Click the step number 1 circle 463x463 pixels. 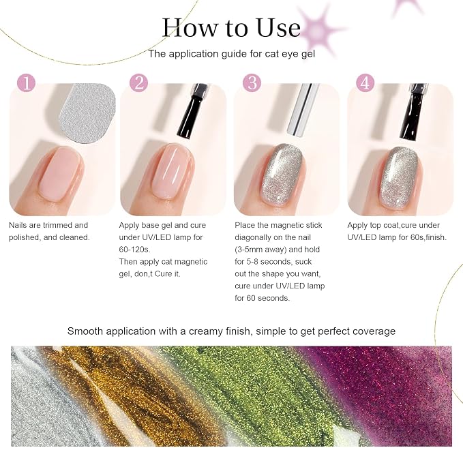point(27,83)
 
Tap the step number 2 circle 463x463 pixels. point(139,83)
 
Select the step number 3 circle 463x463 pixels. point(252,83)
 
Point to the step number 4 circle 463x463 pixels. point(365,83)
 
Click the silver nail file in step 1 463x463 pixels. point(88,113)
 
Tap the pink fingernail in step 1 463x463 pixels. point(60,174)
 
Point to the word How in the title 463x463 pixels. point(190,28)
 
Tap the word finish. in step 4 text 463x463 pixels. point(436,237)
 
